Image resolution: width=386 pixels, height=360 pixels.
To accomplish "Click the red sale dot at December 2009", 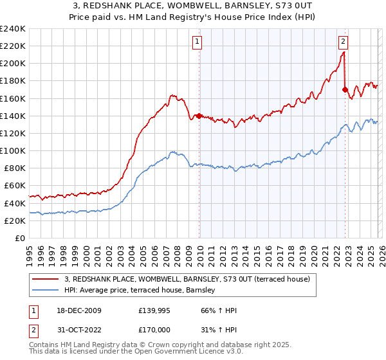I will [x=199, y=116].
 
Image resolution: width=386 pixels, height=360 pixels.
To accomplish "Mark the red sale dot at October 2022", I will [x=345, y=90].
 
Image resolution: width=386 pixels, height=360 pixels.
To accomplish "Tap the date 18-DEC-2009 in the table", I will [x=81, y=310].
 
